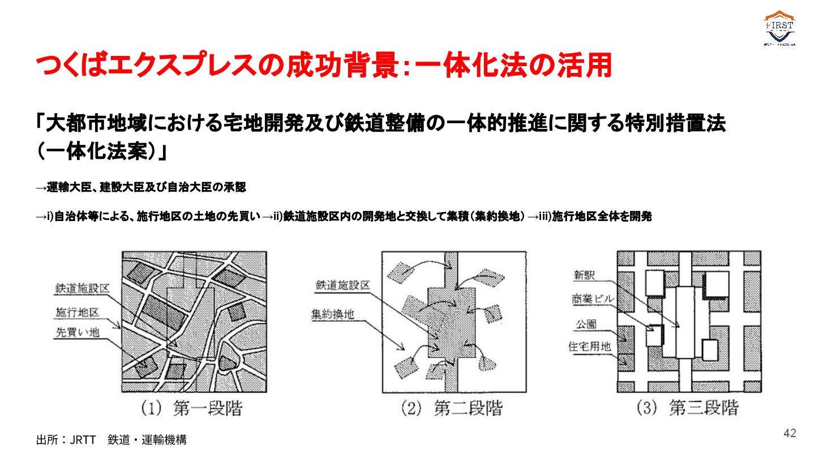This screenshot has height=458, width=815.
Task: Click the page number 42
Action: [790, 433]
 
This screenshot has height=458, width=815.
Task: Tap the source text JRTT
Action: [83, 440]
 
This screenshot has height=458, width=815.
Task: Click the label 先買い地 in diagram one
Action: [77, 332]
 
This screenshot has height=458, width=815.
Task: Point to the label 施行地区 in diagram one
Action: [77, 312]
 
